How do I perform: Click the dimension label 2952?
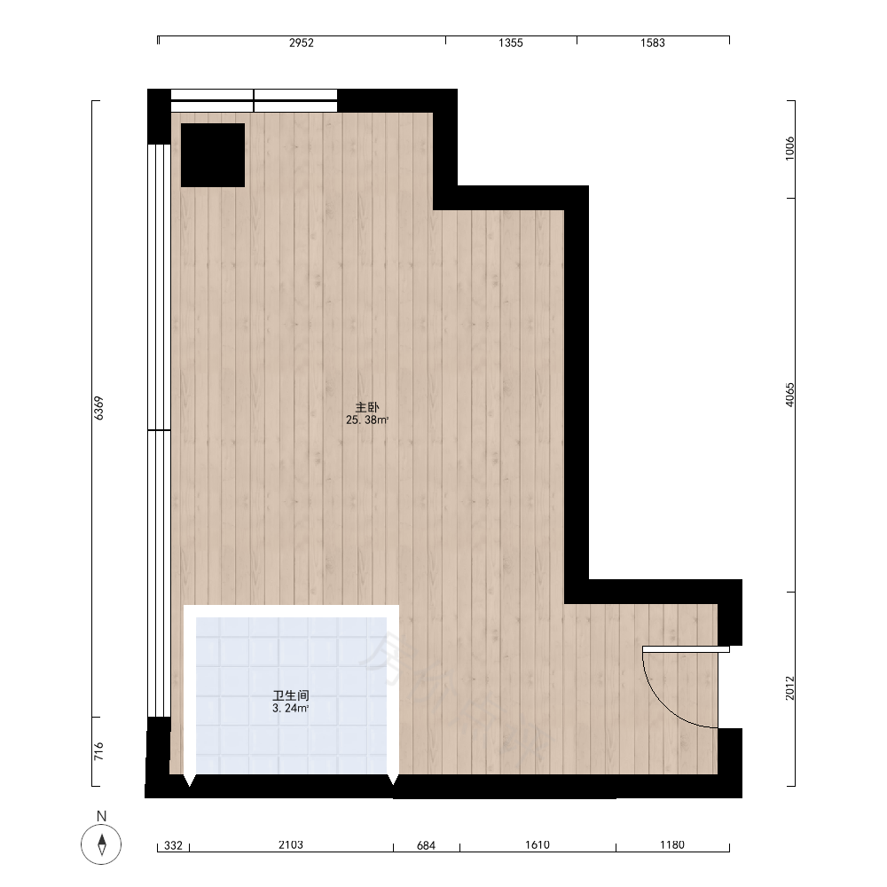click(x=301, y=43)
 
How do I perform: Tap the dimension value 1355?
click(x=510, y=43)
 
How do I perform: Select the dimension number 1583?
click(x=652, y=43)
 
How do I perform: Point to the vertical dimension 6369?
click(x=99, y=408)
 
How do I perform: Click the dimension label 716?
click(x=99, y=751)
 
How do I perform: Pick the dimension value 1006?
click(x=789, y=148)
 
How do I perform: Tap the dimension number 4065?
click(x=789, y=395)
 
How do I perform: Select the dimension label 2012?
click(x=789, y=688)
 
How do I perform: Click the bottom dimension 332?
click(x=173, y=845)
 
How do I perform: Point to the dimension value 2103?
click(x=291, y=844)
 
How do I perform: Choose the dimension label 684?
click(x=426, y=845)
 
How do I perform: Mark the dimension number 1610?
click(x=538, y=844)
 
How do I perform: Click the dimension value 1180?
click(x=672, y=844)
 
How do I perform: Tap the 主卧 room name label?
click(x=367, y=407)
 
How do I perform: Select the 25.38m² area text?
click(x=367, y=420)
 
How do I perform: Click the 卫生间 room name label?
click(x=291, y=695)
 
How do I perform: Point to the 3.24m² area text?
click(x=291, y=708)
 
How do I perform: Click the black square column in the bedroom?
click(x=213, y=155)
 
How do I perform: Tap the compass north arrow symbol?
click(x=101, y=844)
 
